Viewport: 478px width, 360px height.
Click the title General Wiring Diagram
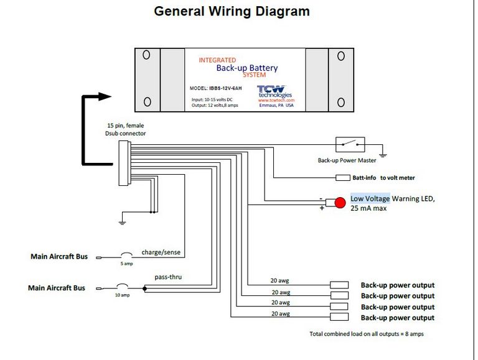[x=232, y=11]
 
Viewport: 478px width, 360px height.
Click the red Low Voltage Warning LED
[x=340, y=203]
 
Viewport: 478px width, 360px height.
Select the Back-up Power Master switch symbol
[x=351, y=145]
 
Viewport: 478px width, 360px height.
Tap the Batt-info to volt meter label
[x=383, y=178]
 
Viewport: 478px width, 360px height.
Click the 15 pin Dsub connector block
[x=124, y=163]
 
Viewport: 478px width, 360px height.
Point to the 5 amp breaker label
[x=126, y=264]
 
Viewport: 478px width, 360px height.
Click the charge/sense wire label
[x=161, y=252]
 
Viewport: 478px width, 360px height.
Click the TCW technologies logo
[x=274, y=91]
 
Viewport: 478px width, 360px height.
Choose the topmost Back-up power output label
[x=398, y=285]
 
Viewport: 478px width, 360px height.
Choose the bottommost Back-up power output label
[x=398, y=318]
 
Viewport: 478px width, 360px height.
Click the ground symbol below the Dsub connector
[x=123, y=222]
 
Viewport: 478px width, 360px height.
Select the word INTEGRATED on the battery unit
[x=217, y=60]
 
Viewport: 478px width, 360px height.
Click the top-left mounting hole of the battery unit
[x=146, y=55]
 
